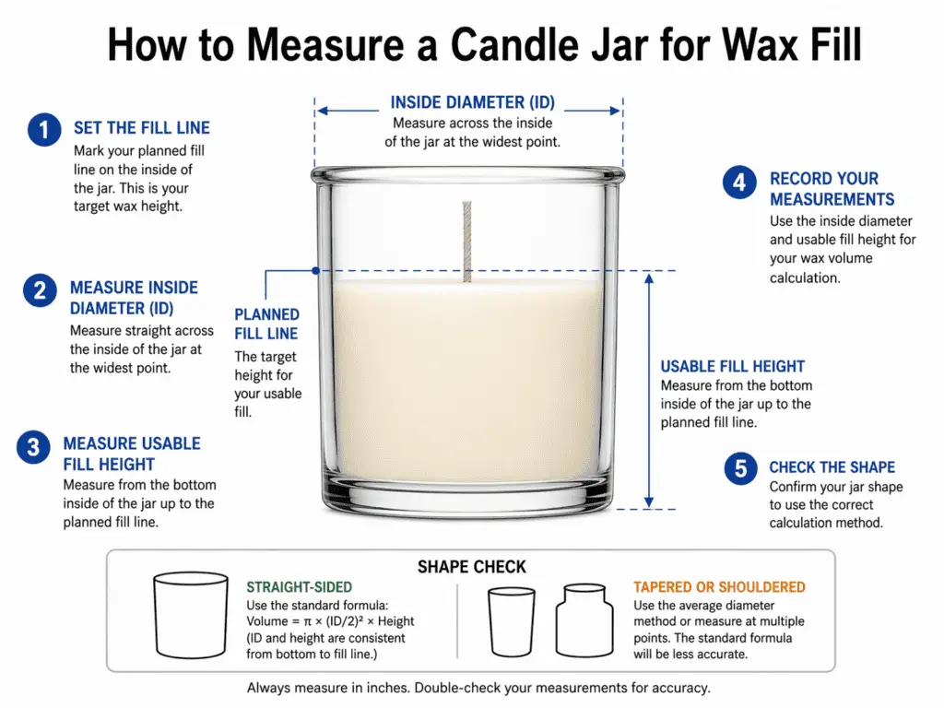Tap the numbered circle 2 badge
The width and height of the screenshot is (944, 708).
coord(39,291)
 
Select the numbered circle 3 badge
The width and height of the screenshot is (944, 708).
coord(33,448)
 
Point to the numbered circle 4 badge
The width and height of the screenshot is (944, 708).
coord(739,183)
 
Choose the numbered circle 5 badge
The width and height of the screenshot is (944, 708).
coord(739,468)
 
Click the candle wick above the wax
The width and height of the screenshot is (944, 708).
coord(466,240)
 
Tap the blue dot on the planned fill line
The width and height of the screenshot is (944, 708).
coord(316,270)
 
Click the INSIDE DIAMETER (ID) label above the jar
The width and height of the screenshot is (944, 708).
coord(472,102)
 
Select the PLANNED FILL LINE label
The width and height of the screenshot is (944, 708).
coord(266,324)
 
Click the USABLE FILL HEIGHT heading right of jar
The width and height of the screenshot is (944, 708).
coord(732,366)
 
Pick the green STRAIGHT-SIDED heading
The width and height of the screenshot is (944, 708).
coord(299,587)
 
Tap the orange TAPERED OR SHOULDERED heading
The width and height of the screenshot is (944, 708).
coord(719,587)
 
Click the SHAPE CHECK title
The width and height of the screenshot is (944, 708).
coord(471,566)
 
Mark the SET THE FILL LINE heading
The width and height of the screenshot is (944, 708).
coord(142,128)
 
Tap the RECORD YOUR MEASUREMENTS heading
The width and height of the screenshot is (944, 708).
coord(832,189)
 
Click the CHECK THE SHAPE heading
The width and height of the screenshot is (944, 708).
coord(832,467)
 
